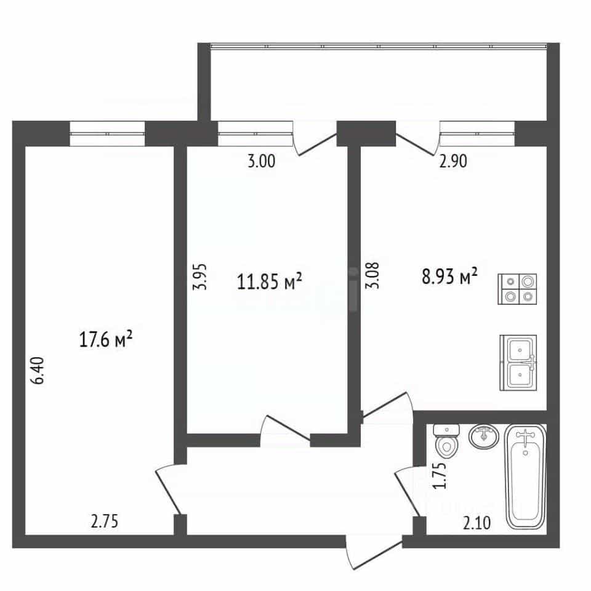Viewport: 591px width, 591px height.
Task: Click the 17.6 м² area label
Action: tap(105, 339)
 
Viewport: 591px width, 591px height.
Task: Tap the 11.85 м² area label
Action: tap(270, 281)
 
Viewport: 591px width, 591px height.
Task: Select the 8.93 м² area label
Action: tap(449, 277)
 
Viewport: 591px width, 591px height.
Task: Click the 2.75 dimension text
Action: tap(105, 521)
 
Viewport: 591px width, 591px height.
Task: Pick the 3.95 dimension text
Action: tap(200, 276)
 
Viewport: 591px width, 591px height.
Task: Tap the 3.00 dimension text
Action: tap(262, 161)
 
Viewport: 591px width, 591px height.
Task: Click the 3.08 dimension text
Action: tap(372, 275)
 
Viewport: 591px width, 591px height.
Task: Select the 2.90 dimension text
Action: tap(454, 161)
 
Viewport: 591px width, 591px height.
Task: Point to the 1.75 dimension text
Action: tap(440, 475)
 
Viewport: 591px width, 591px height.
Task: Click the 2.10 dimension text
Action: tap(476, 523)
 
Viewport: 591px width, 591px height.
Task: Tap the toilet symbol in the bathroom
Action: tap(447, 440)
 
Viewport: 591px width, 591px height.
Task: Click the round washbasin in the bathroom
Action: tap(484, 436)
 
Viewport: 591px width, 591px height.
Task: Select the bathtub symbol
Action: tap(525, 476)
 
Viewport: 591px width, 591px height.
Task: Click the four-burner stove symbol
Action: tap(518, 289)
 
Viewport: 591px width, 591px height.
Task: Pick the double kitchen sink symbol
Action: tap(518, 363)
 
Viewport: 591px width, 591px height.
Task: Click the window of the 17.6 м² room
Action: tap(107, 134)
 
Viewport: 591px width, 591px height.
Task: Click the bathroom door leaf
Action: tap(407, 494)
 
